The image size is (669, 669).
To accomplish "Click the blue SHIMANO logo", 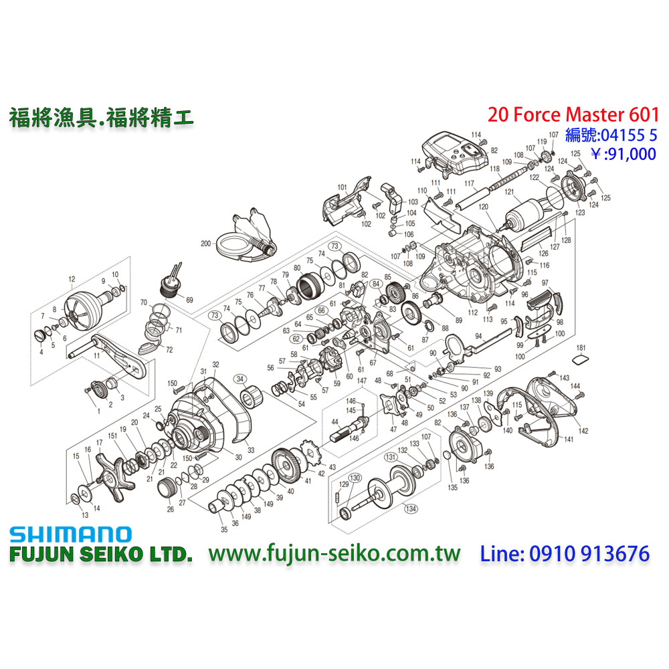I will [70, 534].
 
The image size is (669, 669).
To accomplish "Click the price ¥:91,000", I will [623, 154].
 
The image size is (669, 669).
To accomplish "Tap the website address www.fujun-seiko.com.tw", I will [334, 554].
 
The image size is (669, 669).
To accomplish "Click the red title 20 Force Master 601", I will [573, 114].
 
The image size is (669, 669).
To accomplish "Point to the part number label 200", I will [205, 244].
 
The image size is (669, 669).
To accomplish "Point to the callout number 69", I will [189, 300].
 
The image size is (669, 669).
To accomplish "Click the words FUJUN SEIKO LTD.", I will [100, 555].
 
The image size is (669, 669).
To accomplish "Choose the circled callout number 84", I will [376, 284].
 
